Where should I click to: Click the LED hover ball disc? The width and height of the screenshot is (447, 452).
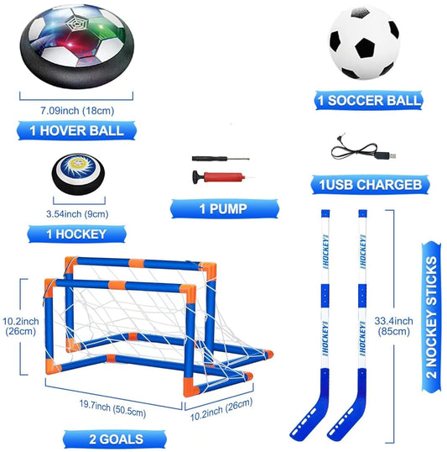(x=77, y=46)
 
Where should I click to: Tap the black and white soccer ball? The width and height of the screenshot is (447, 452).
(x=364, y=44)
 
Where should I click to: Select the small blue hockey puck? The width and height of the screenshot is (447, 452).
(x=78, y=174)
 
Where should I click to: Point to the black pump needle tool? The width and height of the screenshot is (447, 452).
(x=221, y=159)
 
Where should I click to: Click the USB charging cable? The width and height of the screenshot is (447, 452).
(x=363, y=149)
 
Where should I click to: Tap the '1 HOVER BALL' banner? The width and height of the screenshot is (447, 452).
(x=76, y=130)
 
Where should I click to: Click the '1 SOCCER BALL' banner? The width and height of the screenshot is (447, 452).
(x=369, y=100)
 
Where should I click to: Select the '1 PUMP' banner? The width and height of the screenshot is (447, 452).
(x=225, y=208)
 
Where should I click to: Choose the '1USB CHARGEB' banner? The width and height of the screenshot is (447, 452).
(x=370, y=185)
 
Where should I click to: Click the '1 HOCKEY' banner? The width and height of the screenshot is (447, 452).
(x=77, y=234)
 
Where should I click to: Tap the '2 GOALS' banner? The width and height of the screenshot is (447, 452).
(x=115, y=439)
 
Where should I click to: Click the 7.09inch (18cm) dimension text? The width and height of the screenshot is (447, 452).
(x=77, y=111)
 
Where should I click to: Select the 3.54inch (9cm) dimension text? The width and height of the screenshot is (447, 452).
(x=77, y=214)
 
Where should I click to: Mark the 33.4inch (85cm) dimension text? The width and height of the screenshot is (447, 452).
(x=394, y=326)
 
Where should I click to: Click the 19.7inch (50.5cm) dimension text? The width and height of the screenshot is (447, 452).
(x=113, y=408)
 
